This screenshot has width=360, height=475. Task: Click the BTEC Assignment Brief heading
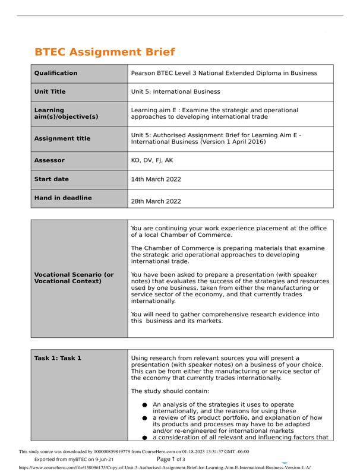[97, 52]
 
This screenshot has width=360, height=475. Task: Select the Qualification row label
[56, 74]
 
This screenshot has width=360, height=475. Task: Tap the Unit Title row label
[50, 92]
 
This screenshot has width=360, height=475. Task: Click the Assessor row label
[49, 160]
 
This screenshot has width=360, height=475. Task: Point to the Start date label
[52, 179]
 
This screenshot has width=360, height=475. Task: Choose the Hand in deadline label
[63, 198]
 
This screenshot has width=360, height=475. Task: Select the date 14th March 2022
[156, 179]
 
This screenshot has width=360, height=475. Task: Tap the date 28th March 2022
[156, 201]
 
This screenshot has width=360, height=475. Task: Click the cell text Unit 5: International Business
[175, 92]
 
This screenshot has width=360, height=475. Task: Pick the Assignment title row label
[62, 138]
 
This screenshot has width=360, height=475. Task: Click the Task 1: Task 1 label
[58, 358]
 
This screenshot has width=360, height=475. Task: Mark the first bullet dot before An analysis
[144, 405]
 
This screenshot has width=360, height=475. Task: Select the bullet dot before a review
[144, 418]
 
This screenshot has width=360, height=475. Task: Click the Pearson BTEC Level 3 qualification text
[223, 74]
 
